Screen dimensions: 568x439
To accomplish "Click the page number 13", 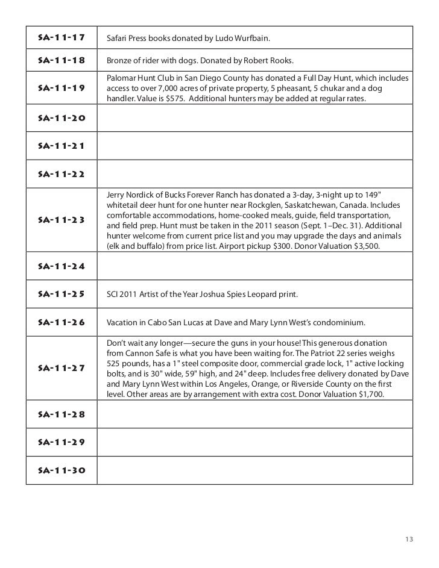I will [409, 538].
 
